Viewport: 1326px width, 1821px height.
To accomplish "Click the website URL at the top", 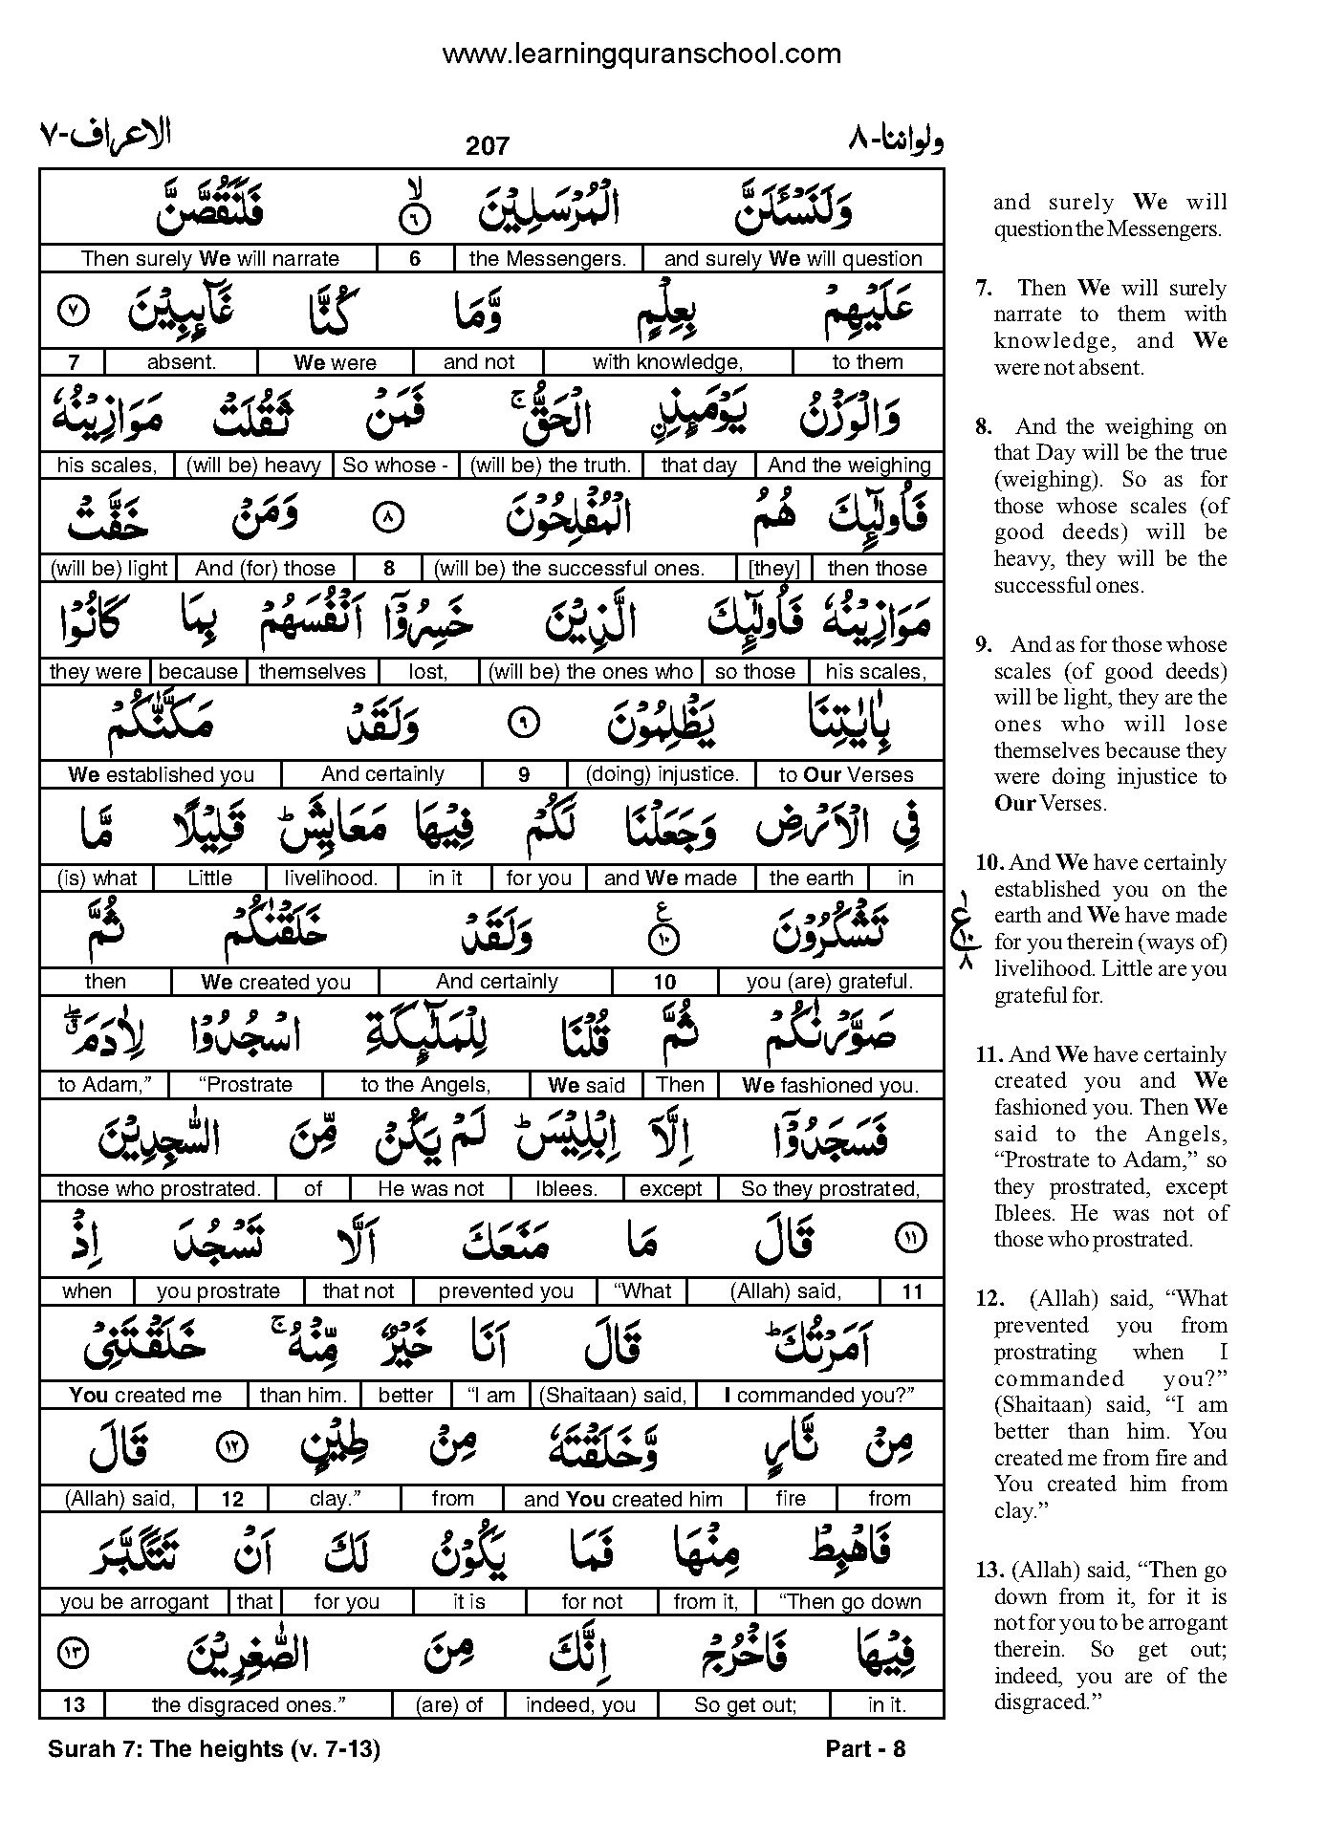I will pyautogui.click(x=641, y=54).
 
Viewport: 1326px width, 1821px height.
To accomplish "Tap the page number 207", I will pyautogui.click(x=488, y=146).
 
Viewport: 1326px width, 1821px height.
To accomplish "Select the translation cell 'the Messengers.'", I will pyautogui.click(x=547, y=258).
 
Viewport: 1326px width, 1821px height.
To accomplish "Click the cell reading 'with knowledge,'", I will pyautogui.click(x=667, y=362).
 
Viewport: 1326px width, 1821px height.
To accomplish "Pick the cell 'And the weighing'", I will pyautogui.click(x=849, y=466).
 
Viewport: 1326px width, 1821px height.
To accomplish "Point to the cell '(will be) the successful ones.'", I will pyautogui.click(x=569, y=569).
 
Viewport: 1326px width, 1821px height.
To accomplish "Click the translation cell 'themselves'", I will pyautogui.click(x=313, y=672).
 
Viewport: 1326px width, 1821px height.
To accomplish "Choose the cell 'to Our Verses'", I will pyautogui.click(x=846, y=775).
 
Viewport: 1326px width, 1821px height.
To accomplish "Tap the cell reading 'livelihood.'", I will pyautogui.click(x=331, y=878).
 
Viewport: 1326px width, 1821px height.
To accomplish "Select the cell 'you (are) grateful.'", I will pyautogui.click(x=830, y=982).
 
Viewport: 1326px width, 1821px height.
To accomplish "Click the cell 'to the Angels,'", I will pyautogui.click(x=425, y=1085).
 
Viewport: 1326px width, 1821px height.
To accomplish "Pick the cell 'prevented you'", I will pyautogui.click(x=506, y=1291).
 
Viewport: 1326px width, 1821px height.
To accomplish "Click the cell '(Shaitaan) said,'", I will pyautogui.click(x=613, y=1396).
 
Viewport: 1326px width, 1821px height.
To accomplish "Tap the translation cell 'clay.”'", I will pyautogui.click(x=333, y=1499).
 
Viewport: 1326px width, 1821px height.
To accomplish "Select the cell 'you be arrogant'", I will pyautogui.click(x=134, y=1602).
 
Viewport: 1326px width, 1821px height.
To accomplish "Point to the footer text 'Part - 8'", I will pyautogui.click(x=865, y=1749).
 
